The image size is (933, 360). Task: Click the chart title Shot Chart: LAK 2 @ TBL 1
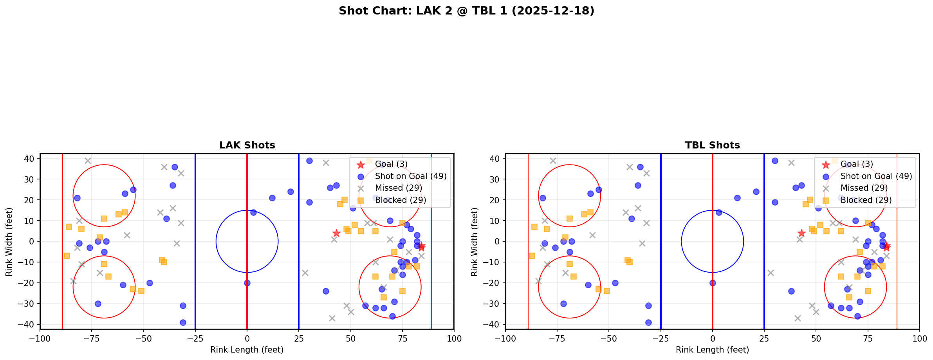click(x=466, y=11)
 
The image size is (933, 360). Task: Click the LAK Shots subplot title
click(x=247, y=145)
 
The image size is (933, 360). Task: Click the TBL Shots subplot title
click(x=712, y=145)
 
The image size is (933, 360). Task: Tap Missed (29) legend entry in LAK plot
click(x=398, y=188)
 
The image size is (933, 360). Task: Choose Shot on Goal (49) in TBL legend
click(x=876, y=176)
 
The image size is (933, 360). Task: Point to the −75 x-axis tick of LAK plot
click(x=92, y=338)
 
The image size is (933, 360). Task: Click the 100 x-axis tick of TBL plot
click(x=919, y=338)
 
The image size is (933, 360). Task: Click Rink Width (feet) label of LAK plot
click(x=9, y=242)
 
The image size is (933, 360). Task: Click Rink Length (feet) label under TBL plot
click(x=712, y=350)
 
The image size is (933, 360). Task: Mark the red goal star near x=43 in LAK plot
click(x=336, y=233)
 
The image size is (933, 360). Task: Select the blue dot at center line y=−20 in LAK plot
click(x=247, y=283)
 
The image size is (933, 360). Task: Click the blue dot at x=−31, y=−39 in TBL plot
click(x=648, y=322)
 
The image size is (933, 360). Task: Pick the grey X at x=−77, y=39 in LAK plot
click(x=88, y=161)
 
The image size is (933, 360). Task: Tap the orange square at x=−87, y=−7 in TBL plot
click(x=532, y=256)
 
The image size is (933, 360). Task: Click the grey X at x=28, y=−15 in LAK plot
click(x=305, y=273)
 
